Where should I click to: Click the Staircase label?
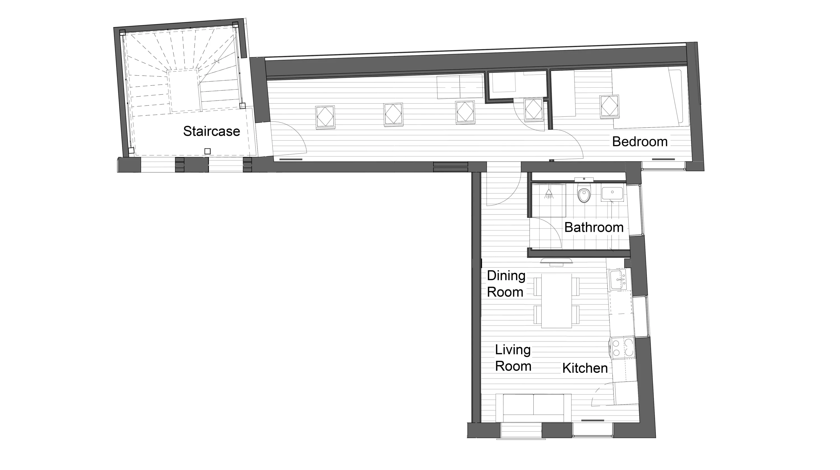coord(211,131)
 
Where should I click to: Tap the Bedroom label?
coord(640,141)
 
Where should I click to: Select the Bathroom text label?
coord(594,227)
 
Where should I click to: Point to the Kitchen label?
coord(585,368)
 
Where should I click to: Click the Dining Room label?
coord(506,284)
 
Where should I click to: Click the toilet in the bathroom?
coord(584,193)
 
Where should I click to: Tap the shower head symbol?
coord(549,194)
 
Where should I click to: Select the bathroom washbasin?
coord(612,193)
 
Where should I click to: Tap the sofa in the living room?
coord(533,408)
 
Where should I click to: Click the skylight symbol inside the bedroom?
coord(609,106)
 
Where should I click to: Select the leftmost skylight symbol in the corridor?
coord(325,116)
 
